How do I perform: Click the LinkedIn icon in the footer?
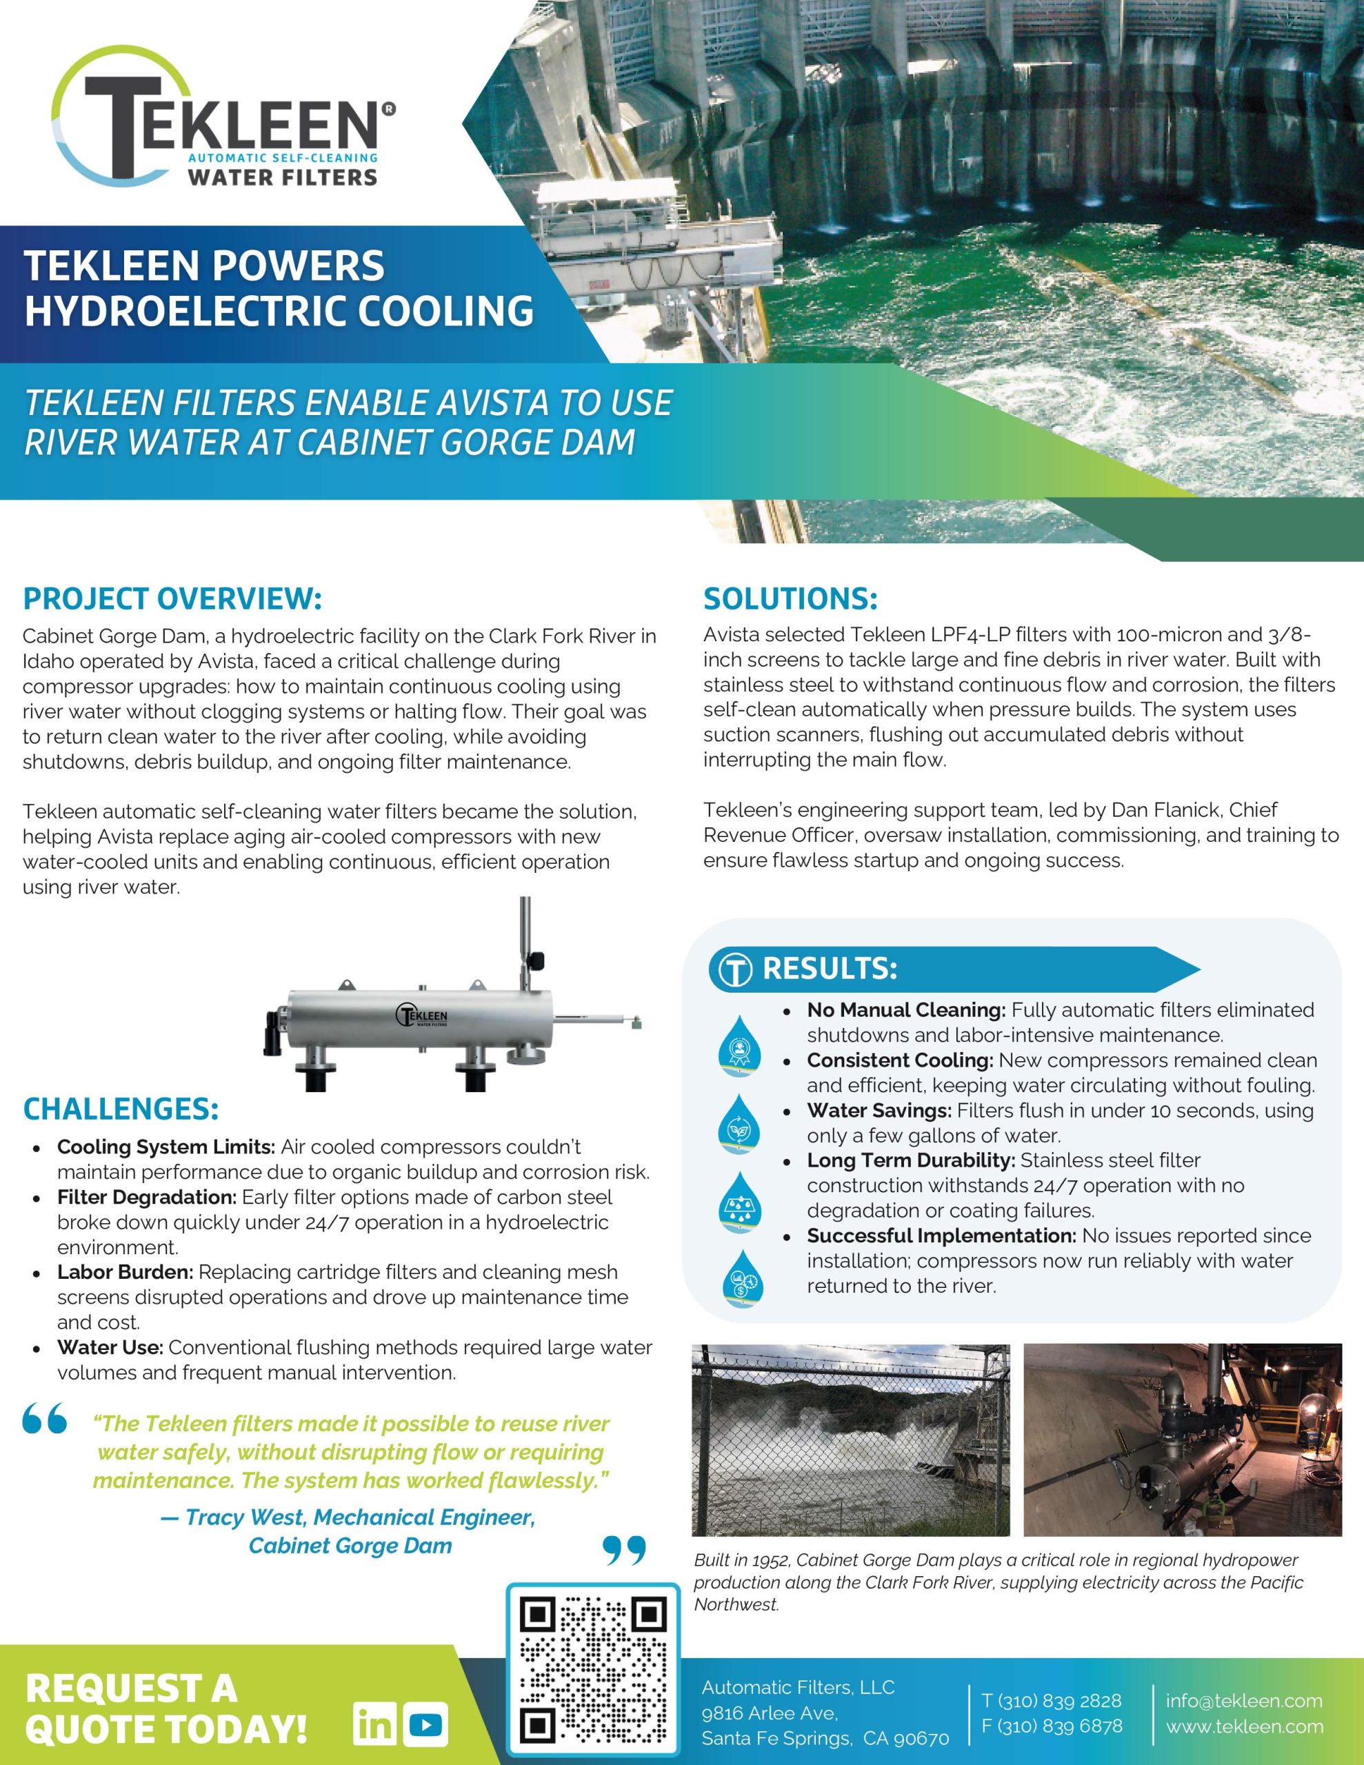click(374, 1727)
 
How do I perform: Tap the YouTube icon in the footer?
click(426, 1727)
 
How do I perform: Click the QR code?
click(592, 1674)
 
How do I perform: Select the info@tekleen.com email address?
click(1243, 1700)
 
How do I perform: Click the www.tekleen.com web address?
click(1244, 1727)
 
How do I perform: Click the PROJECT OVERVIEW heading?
click(172, 599)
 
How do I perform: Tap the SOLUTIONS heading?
click(790, 599)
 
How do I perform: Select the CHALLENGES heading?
click(121, 1109)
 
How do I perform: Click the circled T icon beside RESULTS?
click(736, 970)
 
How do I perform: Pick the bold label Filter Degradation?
click(146, 1197)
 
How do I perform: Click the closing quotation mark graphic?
click(624, 1549)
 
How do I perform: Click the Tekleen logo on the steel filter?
click(421, 1016)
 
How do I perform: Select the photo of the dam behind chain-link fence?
click(850, 1440)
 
